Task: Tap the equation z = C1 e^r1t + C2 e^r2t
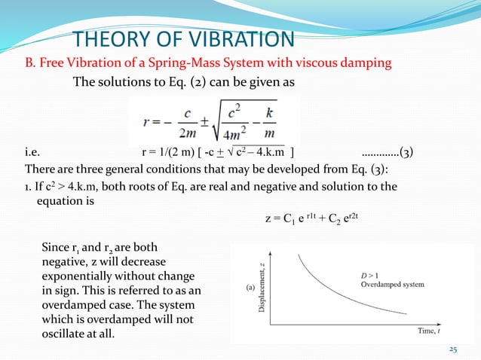coord(319,219)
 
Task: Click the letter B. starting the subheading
coord(30,63)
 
